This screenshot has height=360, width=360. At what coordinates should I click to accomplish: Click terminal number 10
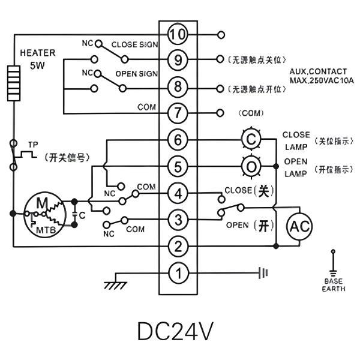click(x=178, y=35)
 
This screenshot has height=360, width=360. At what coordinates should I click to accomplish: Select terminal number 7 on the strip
click(x=178, y=113)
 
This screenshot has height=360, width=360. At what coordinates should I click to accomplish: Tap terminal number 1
click(x=178, y=273)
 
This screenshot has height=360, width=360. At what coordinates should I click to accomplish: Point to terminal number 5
click(x=178, y=166)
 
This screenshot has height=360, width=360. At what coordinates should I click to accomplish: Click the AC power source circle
click(x=296, y=226)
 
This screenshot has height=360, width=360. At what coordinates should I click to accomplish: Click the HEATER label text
click(x=37, y=52)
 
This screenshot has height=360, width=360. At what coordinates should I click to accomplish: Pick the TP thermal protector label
click(x=32, y=145)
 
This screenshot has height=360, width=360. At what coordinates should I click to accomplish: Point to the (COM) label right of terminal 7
click(x=251, y=113)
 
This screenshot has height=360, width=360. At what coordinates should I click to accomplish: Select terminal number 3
click(x=178, y=220)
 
